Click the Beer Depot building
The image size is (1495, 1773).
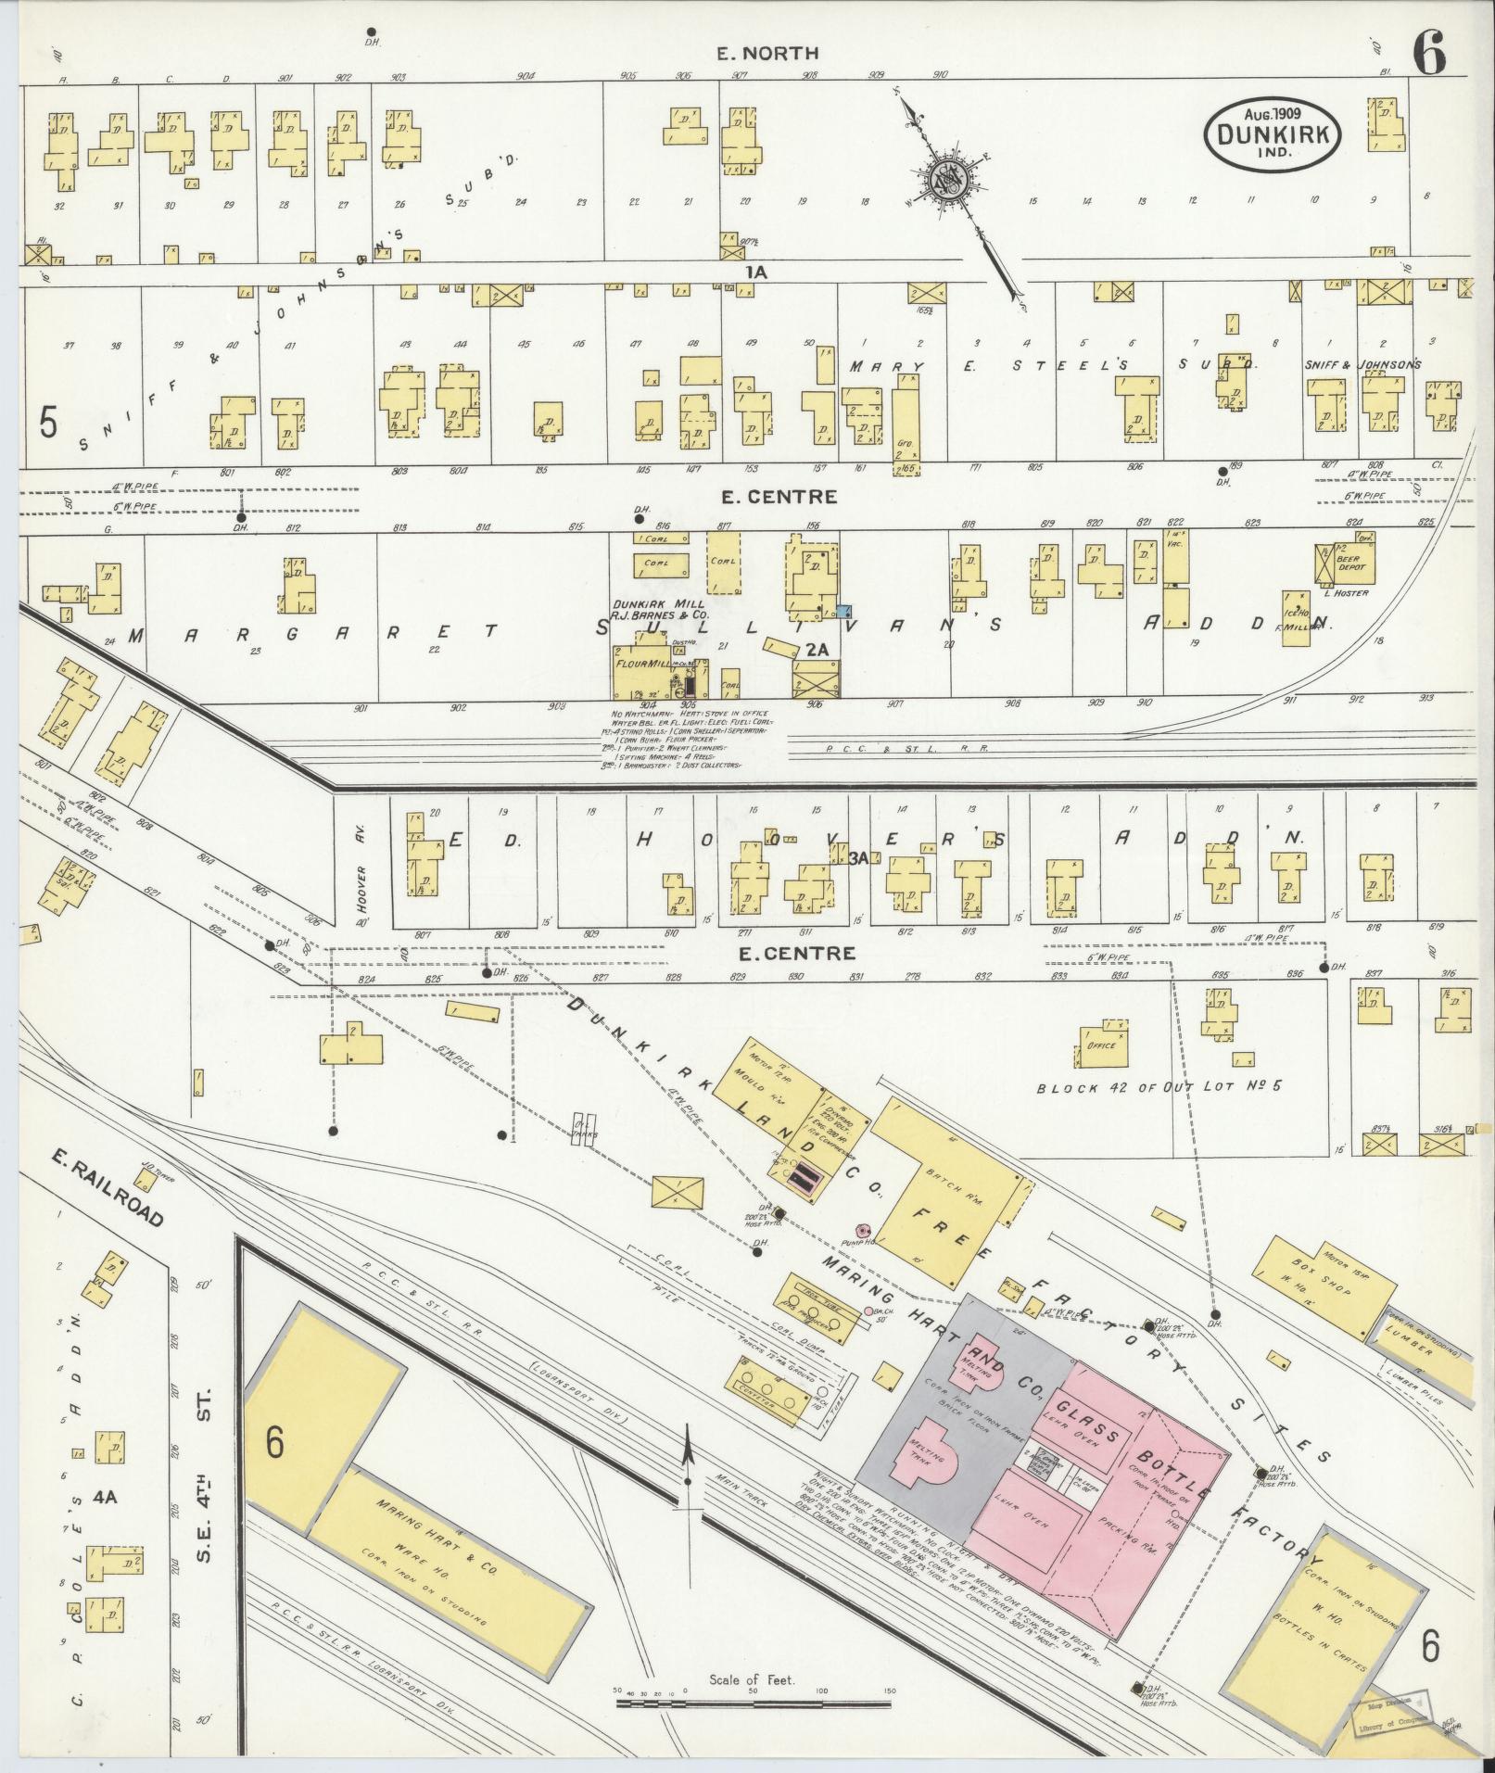tap(1350, 562)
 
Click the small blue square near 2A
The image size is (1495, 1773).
tap(843, 610)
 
